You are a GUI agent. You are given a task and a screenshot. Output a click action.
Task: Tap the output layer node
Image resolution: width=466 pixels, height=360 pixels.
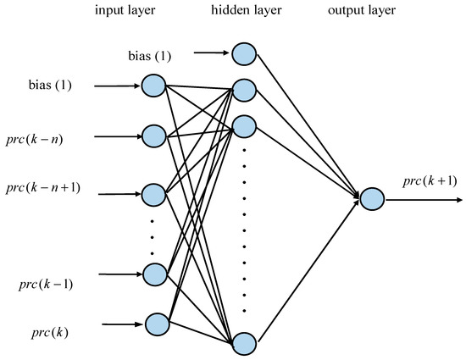372,200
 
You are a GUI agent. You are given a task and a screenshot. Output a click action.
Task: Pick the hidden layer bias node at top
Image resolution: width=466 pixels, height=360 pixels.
243,53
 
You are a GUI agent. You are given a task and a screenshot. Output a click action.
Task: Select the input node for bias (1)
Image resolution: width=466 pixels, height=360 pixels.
153,86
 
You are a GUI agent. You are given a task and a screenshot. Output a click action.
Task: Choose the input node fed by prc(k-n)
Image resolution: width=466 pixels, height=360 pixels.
153,136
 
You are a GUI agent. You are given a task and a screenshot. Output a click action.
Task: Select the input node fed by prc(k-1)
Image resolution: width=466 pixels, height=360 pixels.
153,274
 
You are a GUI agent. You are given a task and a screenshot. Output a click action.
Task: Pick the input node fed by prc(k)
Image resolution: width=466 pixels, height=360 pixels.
157,323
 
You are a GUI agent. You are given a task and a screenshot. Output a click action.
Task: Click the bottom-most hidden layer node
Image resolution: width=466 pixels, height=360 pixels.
243,343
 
